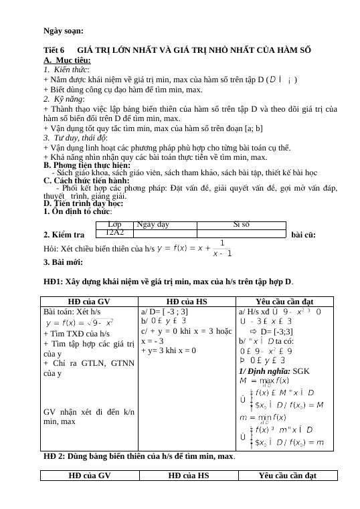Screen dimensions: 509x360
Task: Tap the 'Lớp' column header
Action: pyautogui.click(x=115, y=225)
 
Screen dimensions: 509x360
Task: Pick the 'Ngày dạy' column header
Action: pyautogui.click(x=153, y=225)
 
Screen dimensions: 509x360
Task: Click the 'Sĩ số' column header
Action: pyautogui.click(x=242, y=225)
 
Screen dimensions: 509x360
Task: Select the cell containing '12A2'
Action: pyautogui.click(x=115, y=232)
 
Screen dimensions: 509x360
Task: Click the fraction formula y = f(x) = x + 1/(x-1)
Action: pyautogui.click(x=195, y=248)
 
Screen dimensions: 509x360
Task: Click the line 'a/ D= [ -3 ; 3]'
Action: pyautogui.click(x=165, y=312)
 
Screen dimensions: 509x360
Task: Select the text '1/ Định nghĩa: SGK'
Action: pyautogui.click(x=264, y=371)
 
